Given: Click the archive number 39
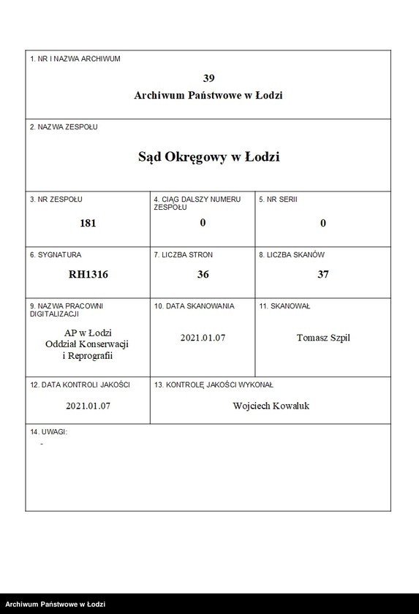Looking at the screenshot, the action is point(208,78).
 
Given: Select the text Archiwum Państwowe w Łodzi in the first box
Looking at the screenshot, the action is point(208,95).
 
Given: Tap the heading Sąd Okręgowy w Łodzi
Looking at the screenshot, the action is point(208,156).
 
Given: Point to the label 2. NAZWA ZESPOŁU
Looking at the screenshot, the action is point(64,127).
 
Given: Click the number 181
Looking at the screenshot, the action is point(88,223).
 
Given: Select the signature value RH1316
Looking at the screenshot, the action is point(88,275).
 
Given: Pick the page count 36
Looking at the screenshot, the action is point(203,275).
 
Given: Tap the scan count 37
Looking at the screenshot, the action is point(322,275).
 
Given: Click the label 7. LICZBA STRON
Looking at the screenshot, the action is point(183,255).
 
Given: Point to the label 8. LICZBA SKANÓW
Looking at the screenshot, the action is point(292,255).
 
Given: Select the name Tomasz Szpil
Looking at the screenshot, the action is point(323,338).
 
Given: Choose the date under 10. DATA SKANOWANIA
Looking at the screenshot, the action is point(203,338).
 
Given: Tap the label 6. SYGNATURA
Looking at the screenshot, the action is point(56,255).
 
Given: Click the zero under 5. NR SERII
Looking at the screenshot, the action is point(322,223).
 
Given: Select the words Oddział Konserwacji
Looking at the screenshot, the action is point(88,344).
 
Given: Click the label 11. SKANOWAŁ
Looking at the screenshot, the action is point(284,306).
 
